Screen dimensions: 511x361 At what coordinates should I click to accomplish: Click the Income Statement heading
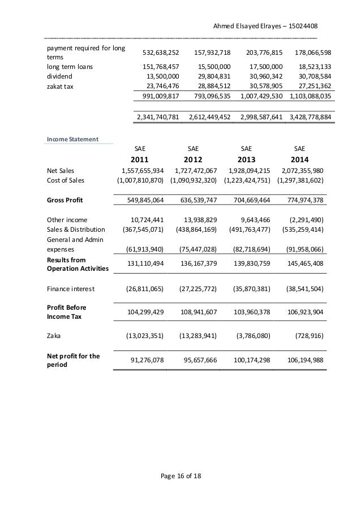[72, 138]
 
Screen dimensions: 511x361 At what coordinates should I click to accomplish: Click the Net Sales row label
[61, 170]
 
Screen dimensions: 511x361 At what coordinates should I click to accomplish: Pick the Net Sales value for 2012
[194, 170]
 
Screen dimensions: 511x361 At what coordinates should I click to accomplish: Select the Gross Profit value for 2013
[248, 200]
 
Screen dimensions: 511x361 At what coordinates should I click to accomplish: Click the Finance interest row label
[71, 289]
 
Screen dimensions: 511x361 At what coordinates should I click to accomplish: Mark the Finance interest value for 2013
[247, 289]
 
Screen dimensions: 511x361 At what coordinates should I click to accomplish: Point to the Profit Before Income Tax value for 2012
[194, 311]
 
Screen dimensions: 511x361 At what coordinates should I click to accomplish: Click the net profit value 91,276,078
[143, 360]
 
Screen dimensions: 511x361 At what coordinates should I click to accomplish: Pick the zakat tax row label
[59, 86]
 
